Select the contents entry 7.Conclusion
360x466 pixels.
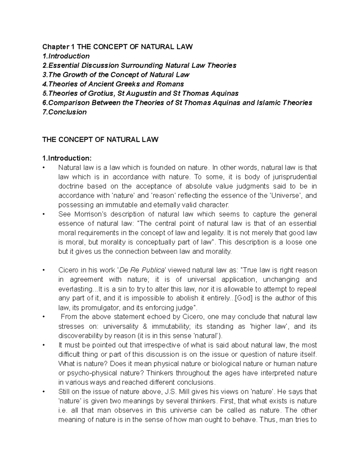(64, 112)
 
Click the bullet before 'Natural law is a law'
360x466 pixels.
(44, 168)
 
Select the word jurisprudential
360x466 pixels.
(292, 177)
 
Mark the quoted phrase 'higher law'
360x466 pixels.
(268, 326)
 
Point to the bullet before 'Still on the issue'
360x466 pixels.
(44, 392)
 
